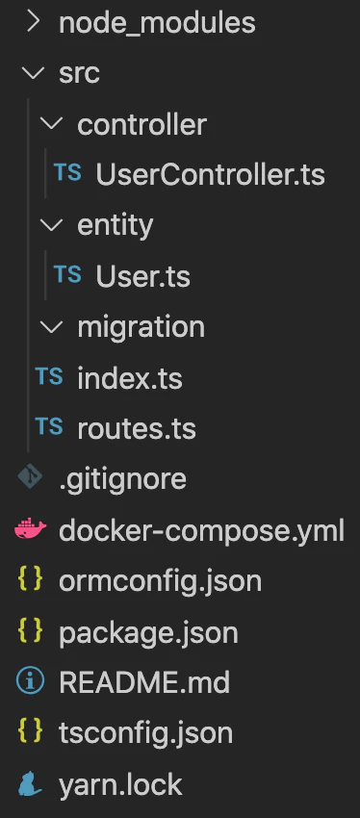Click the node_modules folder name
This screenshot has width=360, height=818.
click(157, 23)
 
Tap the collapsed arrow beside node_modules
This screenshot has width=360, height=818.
click(34, 22)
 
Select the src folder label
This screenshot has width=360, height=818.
click(79, 73)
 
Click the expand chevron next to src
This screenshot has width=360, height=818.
click(34, 73)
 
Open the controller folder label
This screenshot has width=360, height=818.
click(141, 124)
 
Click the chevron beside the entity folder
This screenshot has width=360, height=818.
click(52, 225)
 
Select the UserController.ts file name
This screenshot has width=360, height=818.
click(210, 175)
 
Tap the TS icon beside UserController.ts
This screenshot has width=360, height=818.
click(67, 172)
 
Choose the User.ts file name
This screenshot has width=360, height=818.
click(142, 276)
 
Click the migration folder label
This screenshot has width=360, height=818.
click(141, 327)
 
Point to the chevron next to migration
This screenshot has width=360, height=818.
click(52, 327)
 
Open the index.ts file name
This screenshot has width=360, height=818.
click(129, 378)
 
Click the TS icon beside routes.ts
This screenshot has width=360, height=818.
click(49, 427)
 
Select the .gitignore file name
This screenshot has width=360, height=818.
click(122, 480)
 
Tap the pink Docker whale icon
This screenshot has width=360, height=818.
click(30, 529)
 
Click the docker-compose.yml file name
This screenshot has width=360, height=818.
click(201, 530)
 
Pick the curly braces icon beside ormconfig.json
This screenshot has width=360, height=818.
click(30, 580)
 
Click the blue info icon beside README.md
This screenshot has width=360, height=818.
click(30, 682)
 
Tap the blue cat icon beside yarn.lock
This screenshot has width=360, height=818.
click(30, 784)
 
